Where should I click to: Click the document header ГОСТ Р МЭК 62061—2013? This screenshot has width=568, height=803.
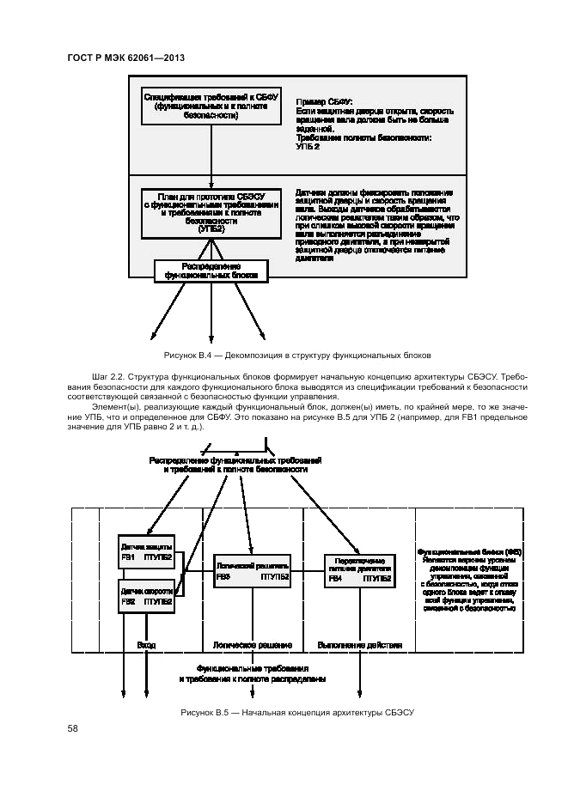[x=126, y=58]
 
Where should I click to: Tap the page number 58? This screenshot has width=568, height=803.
[x=73, y=728]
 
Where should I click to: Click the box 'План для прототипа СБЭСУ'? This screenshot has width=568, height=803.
[x=211, y=212]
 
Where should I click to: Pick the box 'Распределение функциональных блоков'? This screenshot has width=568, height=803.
[x=211, y=271]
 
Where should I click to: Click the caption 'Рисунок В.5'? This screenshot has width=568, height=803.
[x=296, y=713]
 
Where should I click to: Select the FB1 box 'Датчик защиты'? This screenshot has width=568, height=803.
[x=146, y=552]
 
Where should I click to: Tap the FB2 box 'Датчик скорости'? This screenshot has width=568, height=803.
[x=146, y=596]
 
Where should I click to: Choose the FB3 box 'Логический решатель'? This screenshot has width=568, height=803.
[x=252, y=572]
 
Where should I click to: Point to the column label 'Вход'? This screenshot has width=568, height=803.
[x=146, y=645]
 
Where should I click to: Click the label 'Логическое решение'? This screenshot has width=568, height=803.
[x=252, y=645]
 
